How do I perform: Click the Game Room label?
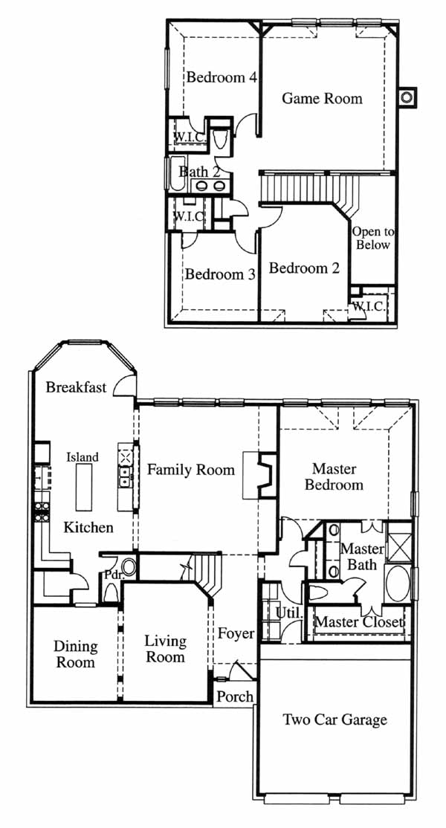click(x=322, y=99)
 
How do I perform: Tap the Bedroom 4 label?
click(x=222, y=77)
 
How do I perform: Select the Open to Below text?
click(x=372, y=238)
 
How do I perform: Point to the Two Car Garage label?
click(x=334, y=719)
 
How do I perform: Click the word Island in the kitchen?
click(x=83, y=457)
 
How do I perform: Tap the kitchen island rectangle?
click(x=84, y=488)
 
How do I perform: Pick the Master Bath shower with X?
click(x=399, y=543)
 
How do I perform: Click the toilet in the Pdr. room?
click(x=111, y=593)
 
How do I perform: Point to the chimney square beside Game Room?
click(x=407, y=97)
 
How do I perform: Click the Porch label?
click(x=235, y=696)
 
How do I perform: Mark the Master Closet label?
click(x=360, y=622)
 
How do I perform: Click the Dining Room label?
click(x=76, y=654)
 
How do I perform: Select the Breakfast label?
click(x=76, y=387)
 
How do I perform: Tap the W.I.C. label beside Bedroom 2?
click(x=369, y=305)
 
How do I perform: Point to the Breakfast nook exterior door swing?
click(x=125, y=384)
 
